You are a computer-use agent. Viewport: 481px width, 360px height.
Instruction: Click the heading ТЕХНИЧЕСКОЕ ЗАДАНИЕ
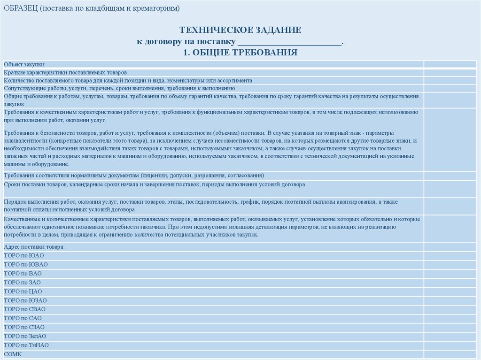(240, 31)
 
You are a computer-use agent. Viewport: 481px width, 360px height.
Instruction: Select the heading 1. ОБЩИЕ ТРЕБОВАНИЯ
(240, 52)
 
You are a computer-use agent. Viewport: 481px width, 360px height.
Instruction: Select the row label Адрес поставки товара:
(34, 247)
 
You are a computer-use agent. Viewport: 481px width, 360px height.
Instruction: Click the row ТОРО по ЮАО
(23, 256)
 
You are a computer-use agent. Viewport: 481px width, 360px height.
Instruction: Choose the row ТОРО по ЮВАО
(25, 265)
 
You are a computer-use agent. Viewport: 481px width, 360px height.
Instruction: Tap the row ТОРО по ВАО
(23, 274)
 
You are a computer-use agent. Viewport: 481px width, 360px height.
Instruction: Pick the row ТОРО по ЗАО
(22, 283)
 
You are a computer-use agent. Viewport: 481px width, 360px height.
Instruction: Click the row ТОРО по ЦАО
(23, 291)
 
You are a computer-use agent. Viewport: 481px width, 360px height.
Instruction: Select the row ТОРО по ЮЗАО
(25, 300)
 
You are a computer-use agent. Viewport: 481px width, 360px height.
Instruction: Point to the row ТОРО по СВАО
(24, 309)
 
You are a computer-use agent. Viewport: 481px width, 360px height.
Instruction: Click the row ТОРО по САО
(23, 318)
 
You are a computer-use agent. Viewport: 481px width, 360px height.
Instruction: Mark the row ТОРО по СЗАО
(24, 327)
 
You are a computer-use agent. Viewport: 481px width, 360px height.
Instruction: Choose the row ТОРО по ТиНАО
(26, 345)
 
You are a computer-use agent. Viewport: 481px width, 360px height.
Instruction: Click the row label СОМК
(12, 354)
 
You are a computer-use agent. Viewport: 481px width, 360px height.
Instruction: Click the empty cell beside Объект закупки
(450, 64)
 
